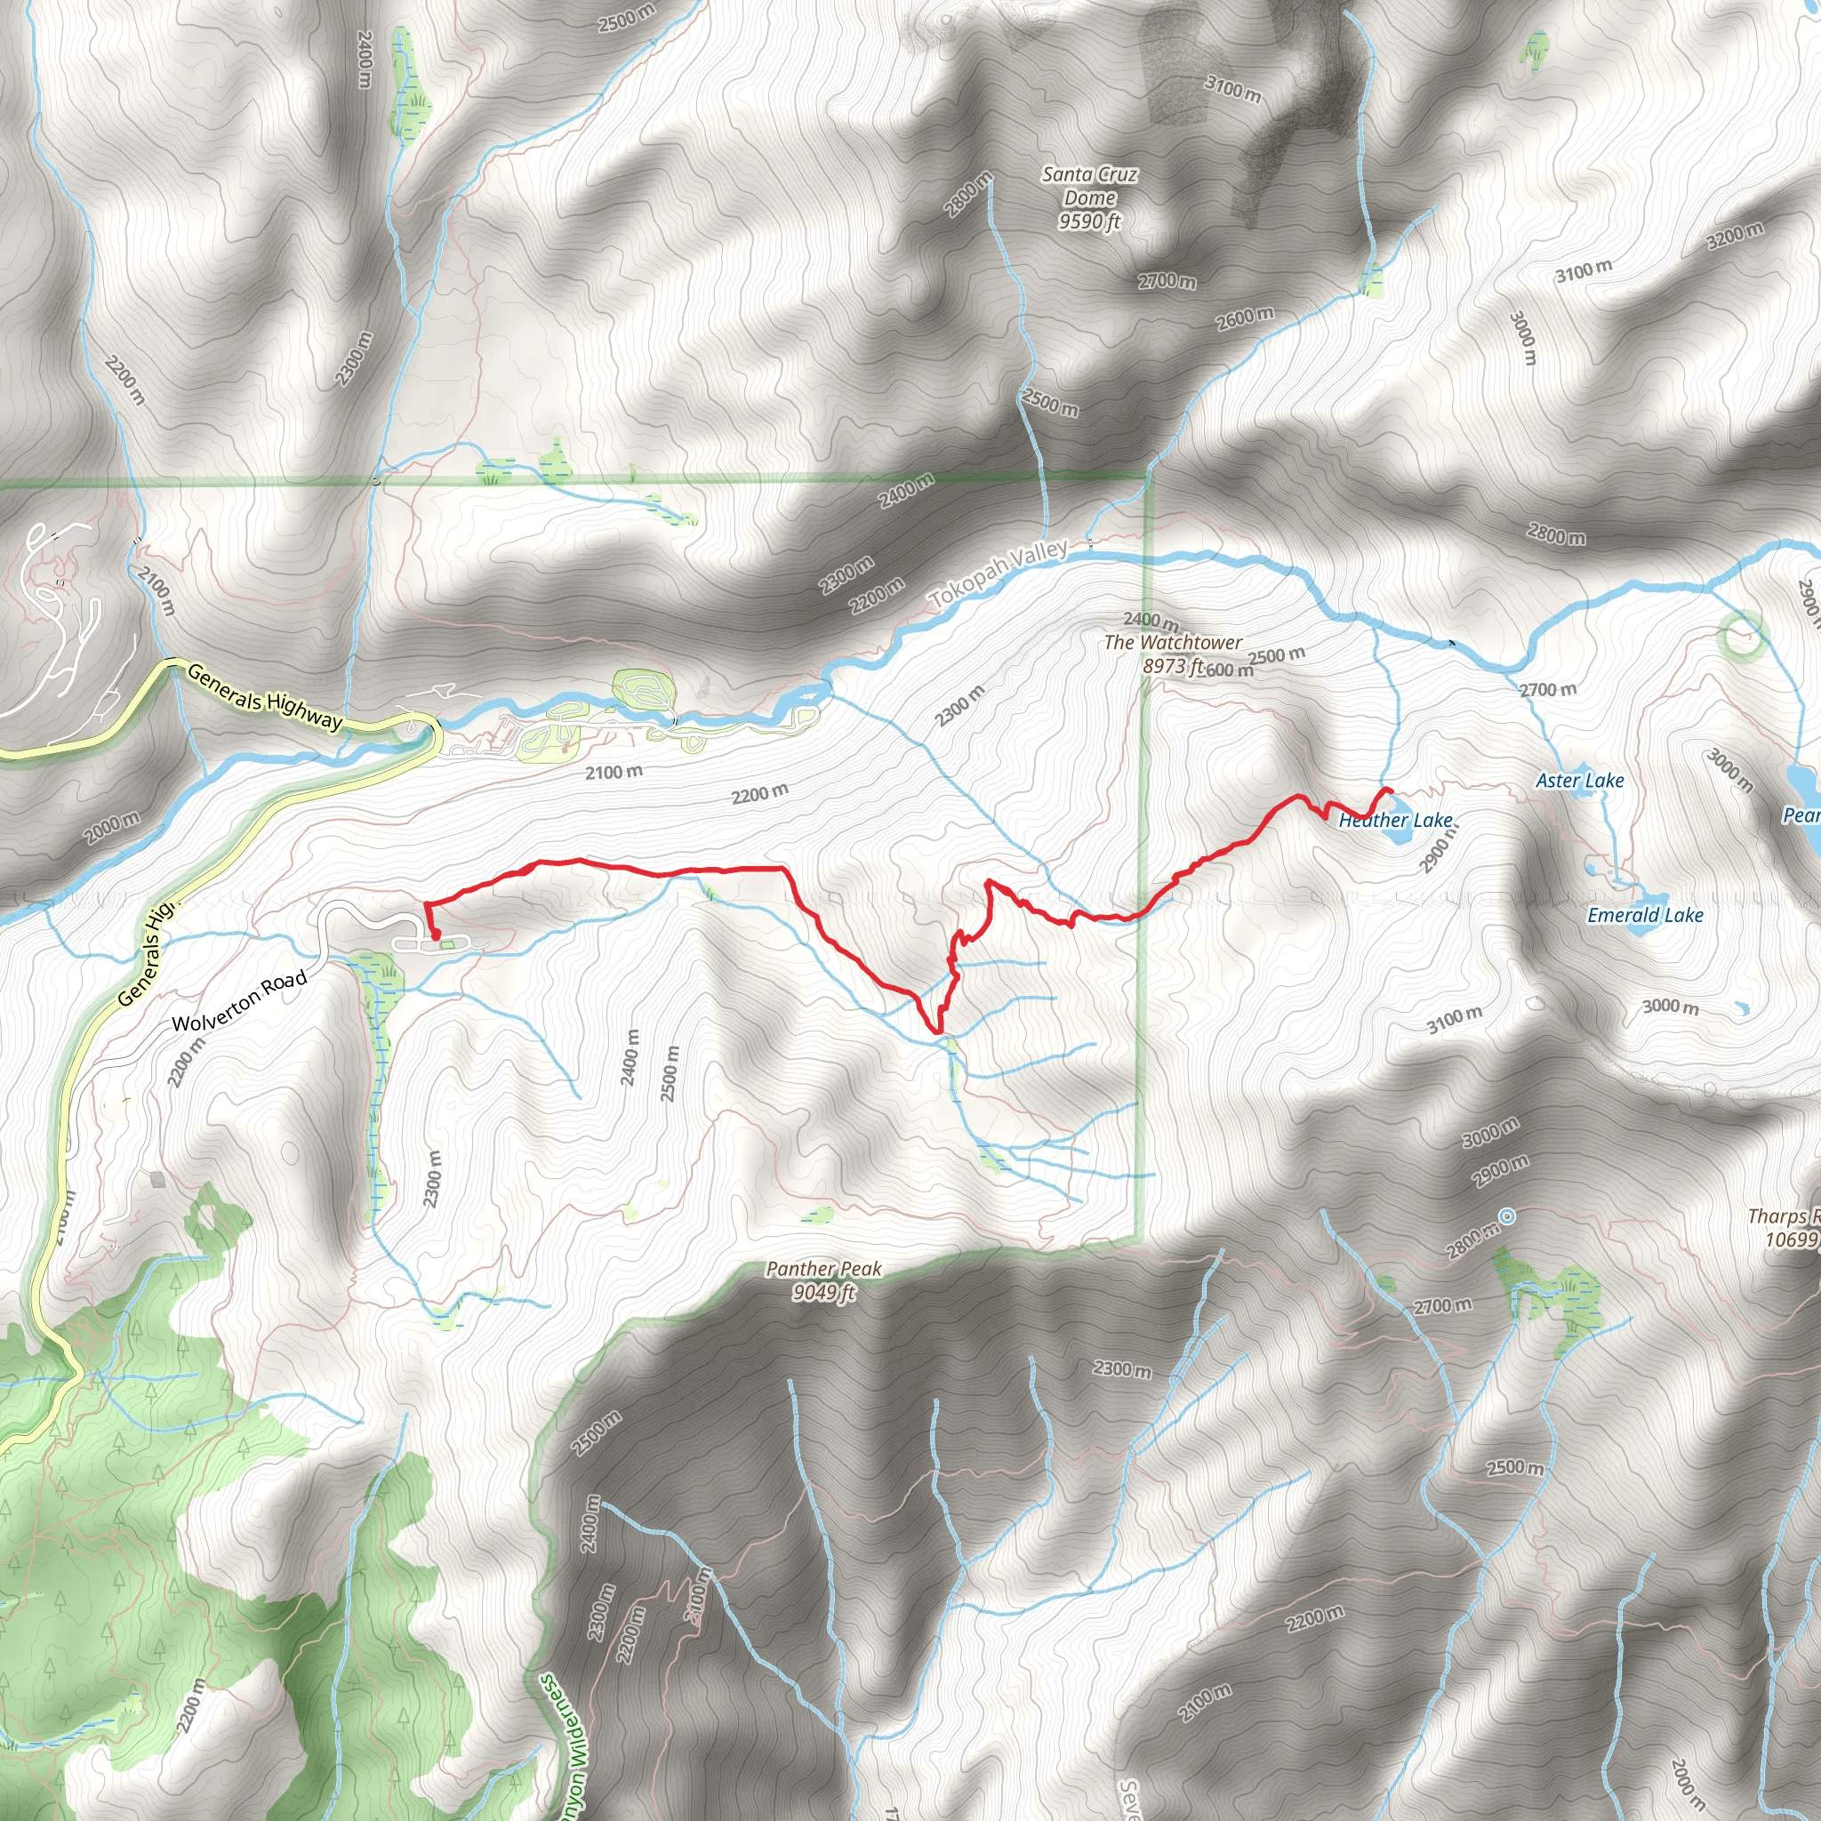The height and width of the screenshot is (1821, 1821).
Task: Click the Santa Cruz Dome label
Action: [1089, 186]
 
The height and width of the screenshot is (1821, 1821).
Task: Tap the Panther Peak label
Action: [822, 1269]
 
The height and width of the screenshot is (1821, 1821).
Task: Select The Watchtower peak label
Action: [1173, 643]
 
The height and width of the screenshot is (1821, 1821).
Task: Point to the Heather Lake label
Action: [1395, 820]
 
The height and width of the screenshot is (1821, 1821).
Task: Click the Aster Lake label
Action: [1580, 781]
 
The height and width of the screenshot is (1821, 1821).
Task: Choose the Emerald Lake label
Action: [1645, 914]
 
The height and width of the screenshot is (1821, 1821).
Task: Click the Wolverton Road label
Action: [239, 1000]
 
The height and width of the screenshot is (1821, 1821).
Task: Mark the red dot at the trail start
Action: [436, 935]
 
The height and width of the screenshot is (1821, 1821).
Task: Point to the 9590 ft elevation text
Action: [1089, 221]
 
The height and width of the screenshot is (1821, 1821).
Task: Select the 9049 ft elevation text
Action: [822, 1292]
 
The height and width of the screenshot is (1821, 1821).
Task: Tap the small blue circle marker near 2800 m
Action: [1507, 1217]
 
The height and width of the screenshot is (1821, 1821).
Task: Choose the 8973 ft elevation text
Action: [1173, 666]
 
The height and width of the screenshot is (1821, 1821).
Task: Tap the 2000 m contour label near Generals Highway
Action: [112, 828]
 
